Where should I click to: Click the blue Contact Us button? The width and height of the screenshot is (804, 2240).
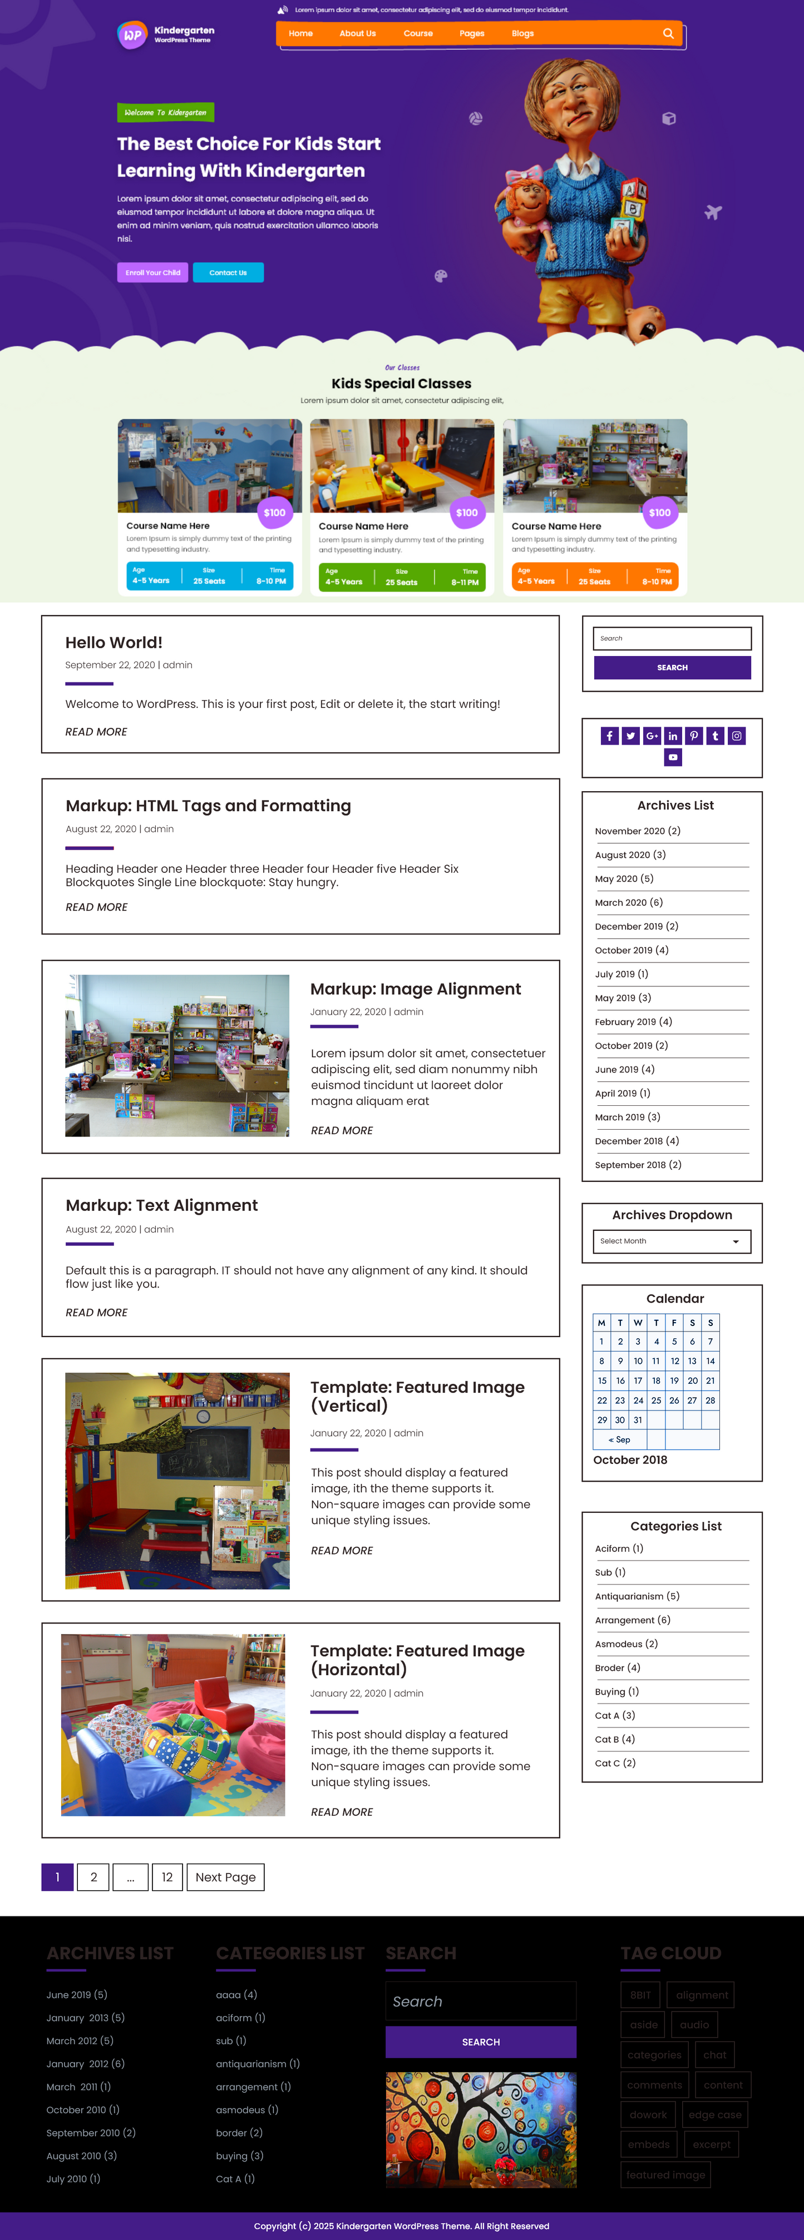(228, 273)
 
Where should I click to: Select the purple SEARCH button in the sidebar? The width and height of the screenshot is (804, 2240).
(672, 668)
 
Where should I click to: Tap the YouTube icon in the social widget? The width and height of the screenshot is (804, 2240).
(673, 757)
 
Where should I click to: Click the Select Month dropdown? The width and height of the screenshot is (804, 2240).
(671, 1241)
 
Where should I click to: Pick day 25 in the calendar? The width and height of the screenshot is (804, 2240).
(656, 1400)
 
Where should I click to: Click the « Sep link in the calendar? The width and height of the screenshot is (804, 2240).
(619, 1440)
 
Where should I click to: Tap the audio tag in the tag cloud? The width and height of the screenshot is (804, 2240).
(694, 2024)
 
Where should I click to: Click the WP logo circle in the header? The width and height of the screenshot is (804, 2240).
(132, 36)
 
